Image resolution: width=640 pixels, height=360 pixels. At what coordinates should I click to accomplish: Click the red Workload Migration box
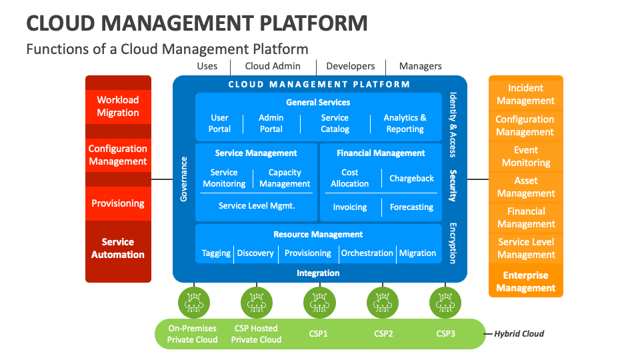point(118,106)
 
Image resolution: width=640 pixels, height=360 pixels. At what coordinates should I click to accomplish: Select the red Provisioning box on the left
point(118,203)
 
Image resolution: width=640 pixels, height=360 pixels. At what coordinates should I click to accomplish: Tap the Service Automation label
point(118,248)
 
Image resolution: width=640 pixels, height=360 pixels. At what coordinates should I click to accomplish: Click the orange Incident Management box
point(525,94)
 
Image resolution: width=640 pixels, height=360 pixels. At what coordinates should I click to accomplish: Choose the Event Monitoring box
point(525,156)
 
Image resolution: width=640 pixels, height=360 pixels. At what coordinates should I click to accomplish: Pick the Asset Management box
point(525,187)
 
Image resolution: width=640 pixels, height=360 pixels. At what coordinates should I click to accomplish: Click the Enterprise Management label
point(525,281)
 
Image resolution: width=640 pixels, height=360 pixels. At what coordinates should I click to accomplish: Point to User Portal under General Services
point(219,123)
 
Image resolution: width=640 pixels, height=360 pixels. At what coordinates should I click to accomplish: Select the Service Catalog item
point(335,123)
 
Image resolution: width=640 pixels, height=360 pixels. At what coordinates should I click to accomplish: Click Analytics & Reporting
point(405,123)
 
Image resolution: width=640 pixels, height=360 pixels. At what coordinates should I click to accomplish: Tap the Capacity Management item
point(285,178)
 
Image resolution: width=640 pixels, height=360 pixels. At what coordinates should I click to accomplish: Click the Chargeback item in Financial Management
point(411,178)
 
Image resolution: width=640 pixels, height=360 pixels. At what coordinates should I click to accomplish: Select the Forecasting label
point(411,207)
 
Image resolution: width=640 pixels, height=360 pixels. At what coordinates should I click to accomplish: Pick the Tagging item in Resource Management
point(216,253)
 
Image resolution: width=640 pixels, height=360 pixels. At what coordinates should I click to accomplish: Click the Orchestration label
point(367,253)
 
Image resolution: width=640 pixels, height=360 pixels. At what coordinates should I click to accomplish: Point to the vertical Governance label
point(185,179)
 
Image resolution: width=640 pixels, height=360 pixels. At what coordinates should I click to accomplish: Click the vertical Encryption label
point(453,243)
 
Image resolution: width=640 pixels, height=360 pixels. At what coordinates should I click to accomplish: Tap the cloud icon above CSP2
point(383,303)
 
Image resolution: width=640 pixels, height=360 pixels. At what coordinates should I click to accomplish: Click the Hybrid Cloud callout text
point(519,333)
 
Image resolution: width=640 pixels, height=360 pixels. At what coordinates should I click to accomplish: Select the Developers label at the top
point(351,66)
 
